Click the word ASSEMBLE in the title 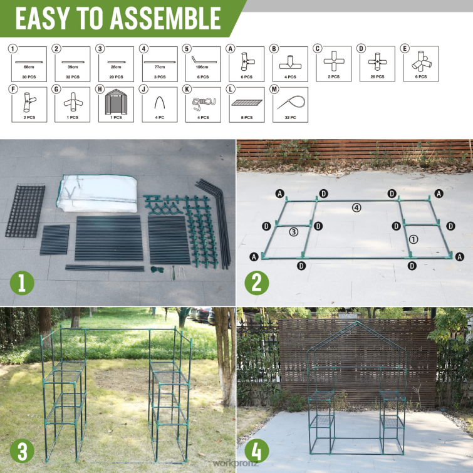point(165,18)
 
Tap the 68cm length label point(29,66)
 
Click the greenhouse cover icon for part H point(117,101)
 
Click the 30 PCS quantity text point(29,77)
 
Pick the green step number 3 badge point(21,451)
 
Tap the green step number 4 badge point(256,451)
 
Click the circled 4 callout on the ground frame point(356,207)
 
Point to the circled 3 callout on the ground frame point(293,232)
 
